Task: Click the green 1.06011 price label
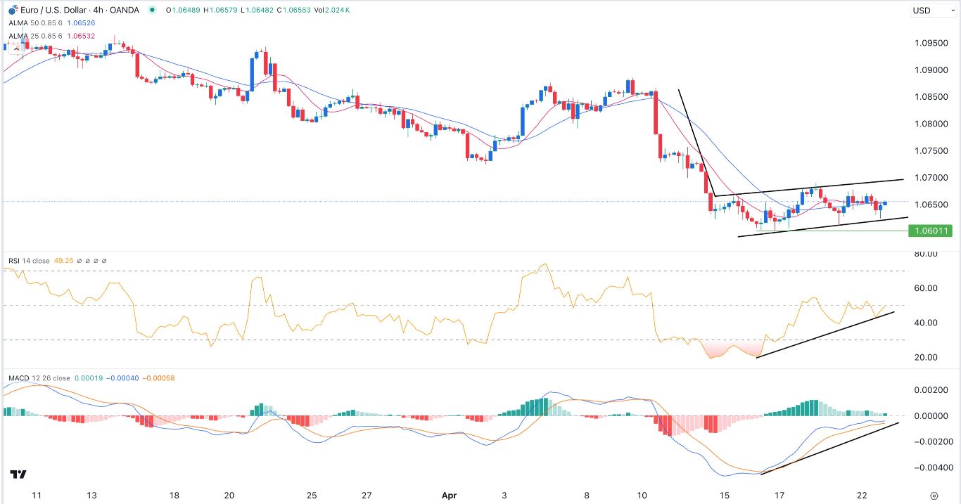929,231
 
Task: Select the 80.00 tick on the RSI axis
925,253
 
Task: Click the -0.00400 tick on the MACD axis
926,467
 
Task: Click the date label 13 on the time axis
91,496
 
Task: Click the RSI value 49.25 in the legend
63,261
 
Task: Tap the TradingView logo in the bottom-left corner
18,476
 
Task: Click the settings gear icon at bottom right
934,496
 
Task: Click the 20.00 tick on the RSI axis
925,357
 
